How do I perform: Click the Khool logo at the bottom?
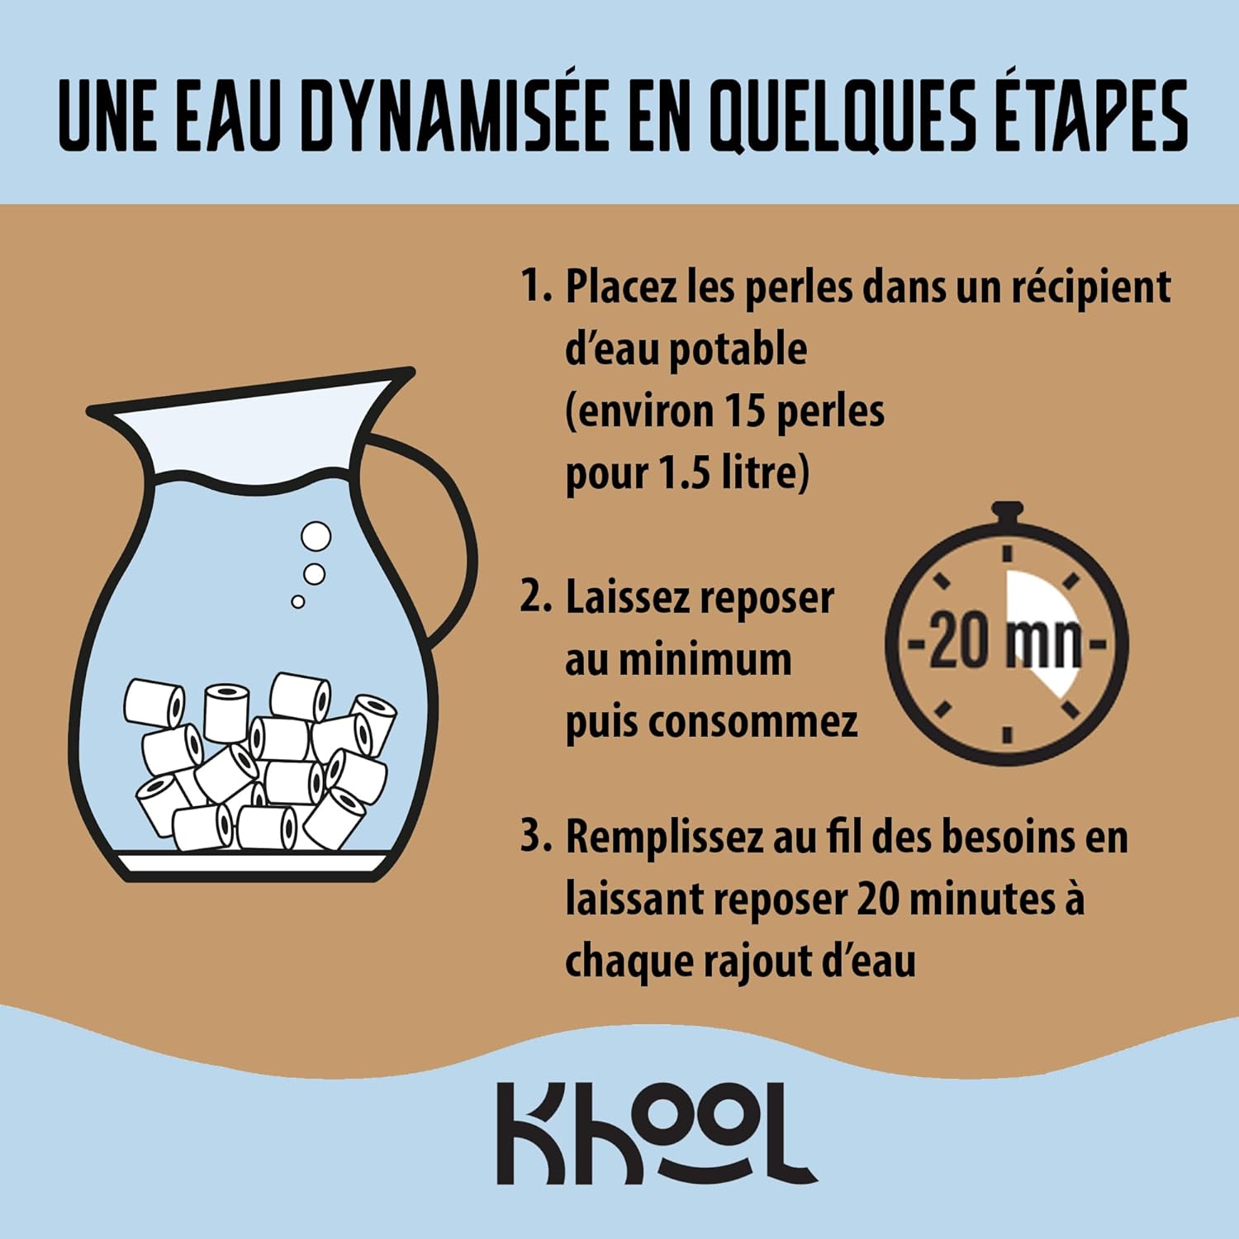(x=657, y=1132)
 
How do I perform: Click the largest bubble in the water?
(x=316, y=536)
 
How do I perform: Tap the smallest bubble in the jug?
(x=298, y=601)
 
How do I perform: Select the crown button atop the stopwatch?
(x=1007, y=513)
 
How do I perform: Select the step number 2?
(x=535, y=596)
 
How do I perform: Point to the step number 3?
(x=535, y=836)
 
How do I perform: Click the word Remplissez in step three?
(x=664, y=839)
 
